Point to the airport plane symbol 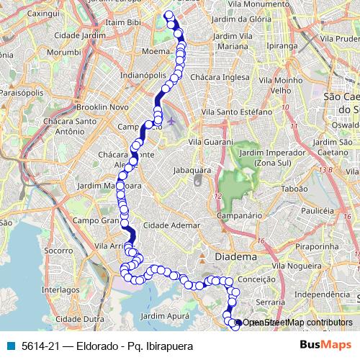point(171,120)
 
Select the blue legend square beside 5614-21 point(9,346)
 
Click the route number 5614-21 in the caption point(40,346)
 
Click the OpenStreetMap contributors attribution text point(297,323)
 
